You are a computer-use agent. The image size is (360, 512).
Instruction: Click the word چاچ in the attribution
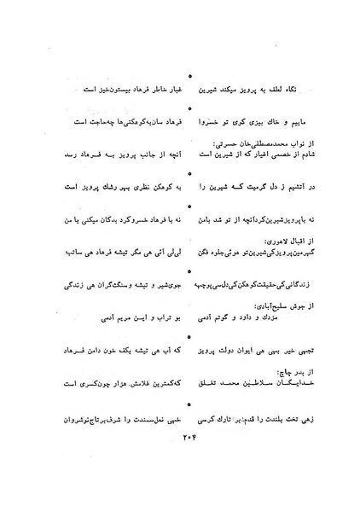tap(271, 372)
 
